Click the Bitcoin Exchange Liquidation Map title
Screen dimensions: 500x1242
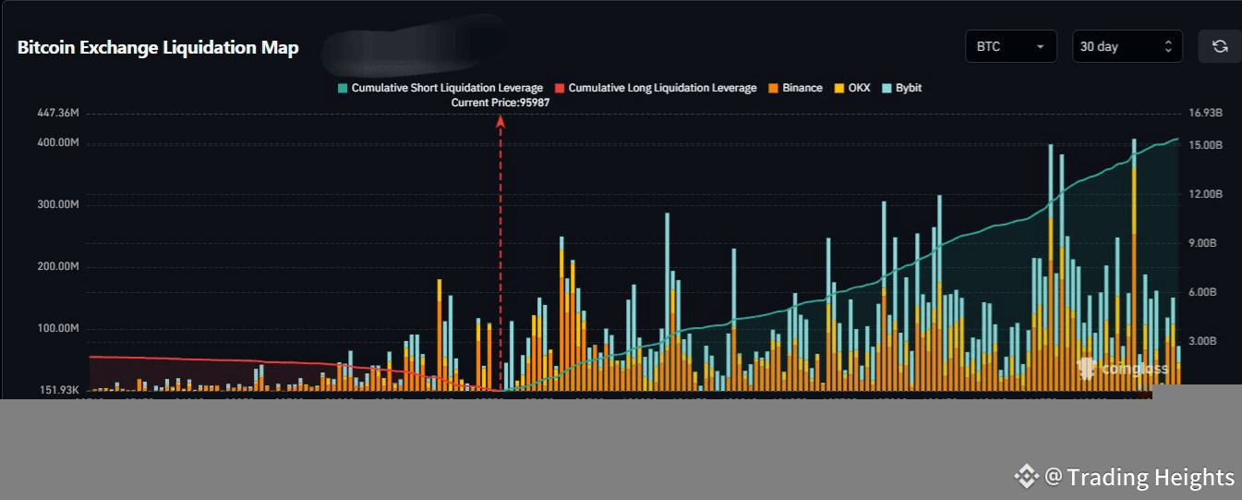pyautogui.click(x=158, y=48)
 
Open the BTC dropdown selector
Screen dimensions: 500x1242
pyautogui.click(x=1010, y=46)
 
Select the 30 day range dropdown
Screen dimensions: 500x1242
pyautogui.click(x=1127, y=46)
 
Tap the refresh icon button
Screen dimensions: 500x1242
pyautogui.click(x=1219, y=46)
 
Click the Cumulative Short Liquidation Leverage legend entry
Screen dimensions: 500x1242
pyautogui.click(x=440, y=88)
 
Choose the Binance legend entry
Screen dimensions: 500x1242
pyautogui.click(x=795, y=88)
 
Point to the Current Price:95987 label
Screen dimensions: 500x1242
pyautogui.click(x=500, y=103)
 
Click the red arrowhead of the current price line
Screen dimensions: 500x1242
pyautogui.click(x=500, y=122)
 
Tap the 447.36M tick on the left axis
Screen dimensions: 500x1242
pyautogui.click(x=58, y=113)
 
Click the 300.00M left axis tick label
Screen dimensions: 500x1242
pyautogui.click(x=58, y=204)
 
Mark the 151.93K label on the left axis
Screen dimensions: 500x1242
pyautogui.click(x=58, y=390)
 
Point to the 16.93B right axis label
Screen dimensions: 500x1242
pyautogui.click(x=1206, y=113)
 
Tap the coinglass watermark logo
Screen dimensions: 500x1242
pyautogui.click(x=1123, y=369)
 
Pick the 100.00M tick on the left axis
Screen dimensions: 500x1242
pyautogui.click(x=58, y=328)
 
